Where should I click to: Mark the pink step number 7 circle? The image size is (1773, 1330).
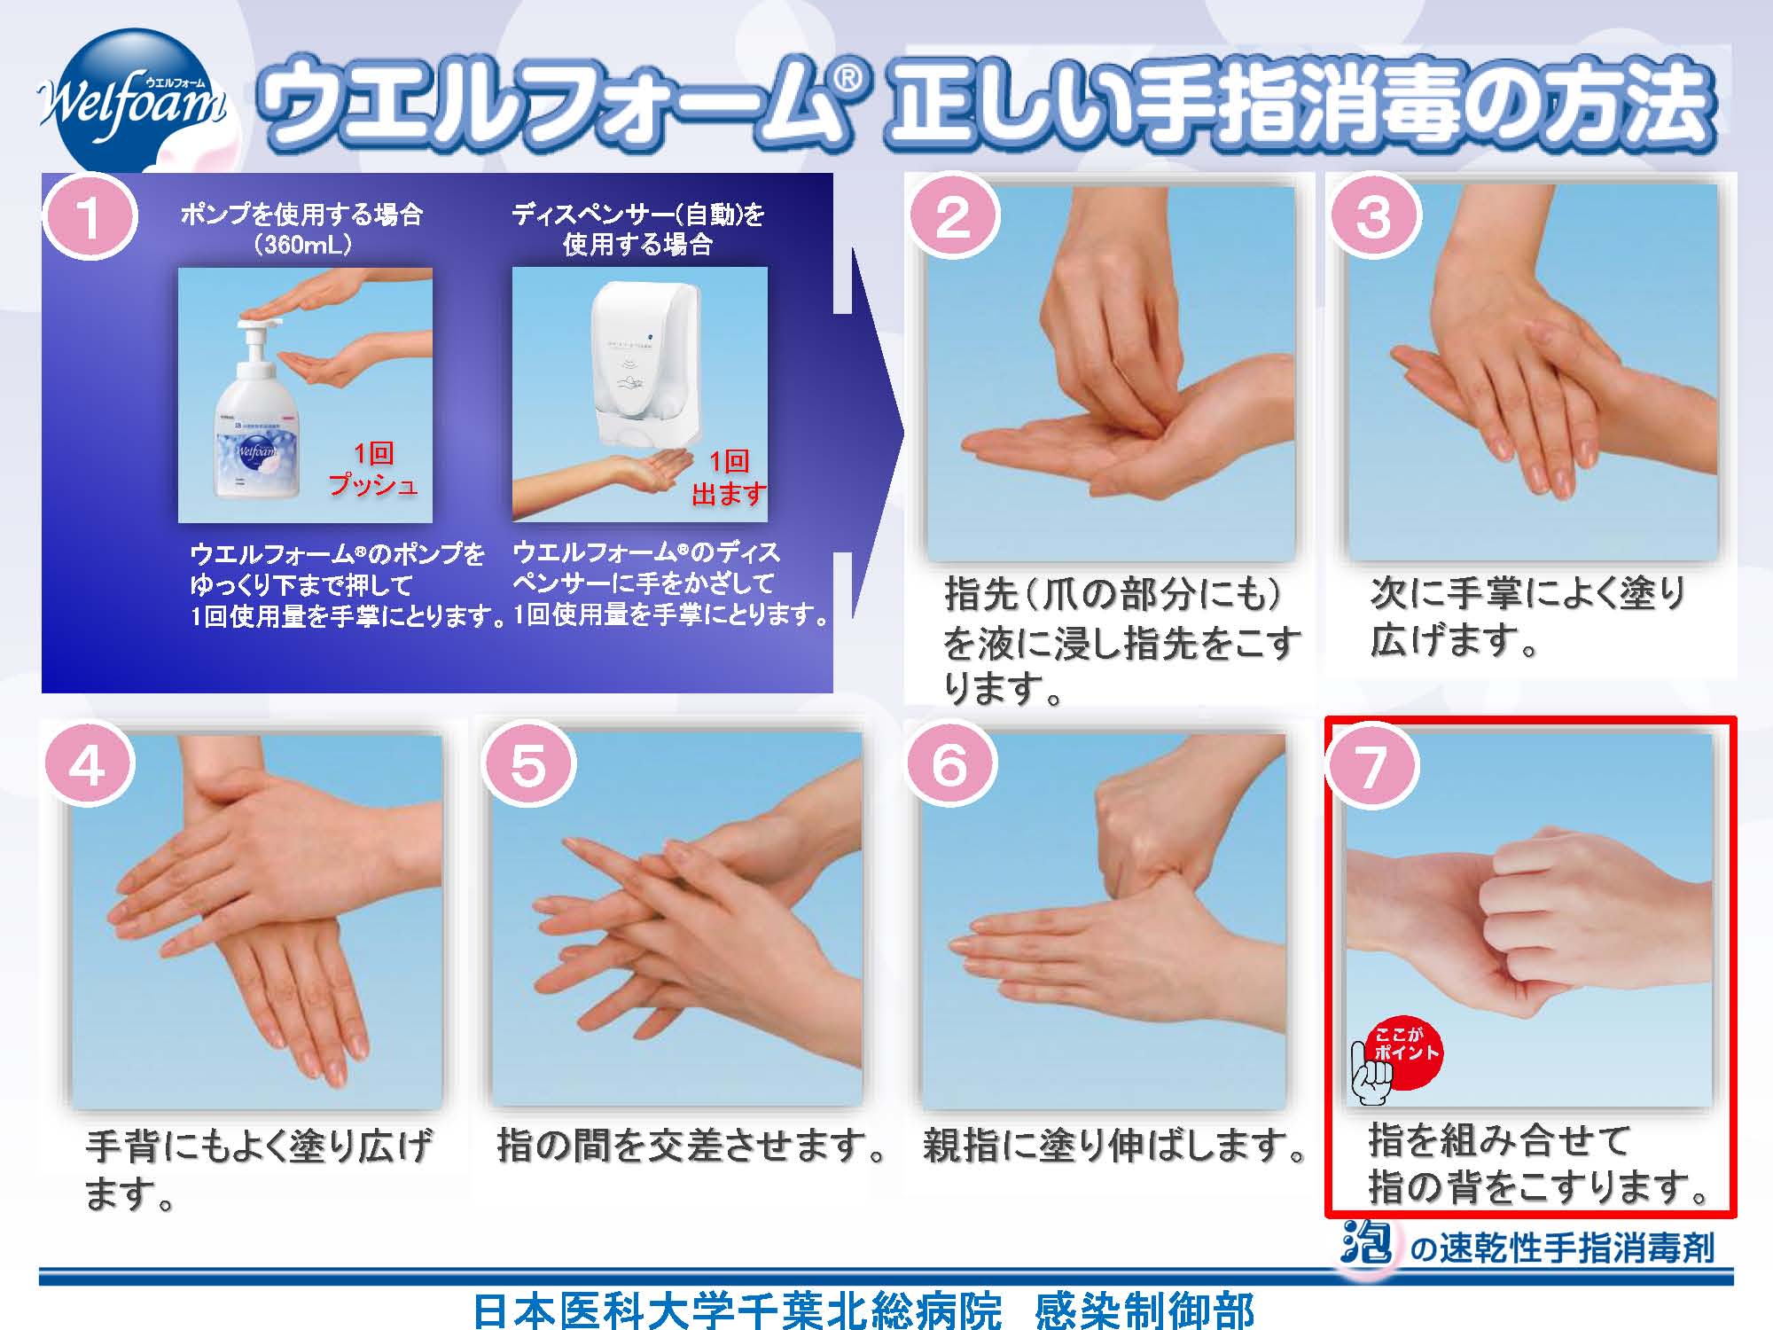pyautogui.click(x=1371, y=764)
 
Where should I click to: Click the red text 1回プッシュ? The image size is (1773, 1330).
pyautogui.click(x=373, y=470)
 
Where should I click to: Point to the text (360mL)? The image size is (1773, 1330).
pyautogui.click(x=301, y=245)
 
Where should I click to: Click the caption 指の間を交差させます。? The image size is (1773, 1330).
pyautogui.click(x=691, y=1146)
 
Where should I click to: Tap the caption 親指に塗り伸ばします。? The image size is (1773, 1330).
pyautogui.click(x=1115, y=1146)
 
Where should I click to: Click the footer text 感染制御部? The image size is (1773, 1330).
pyautogui.click(x=1144, y=1310)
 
